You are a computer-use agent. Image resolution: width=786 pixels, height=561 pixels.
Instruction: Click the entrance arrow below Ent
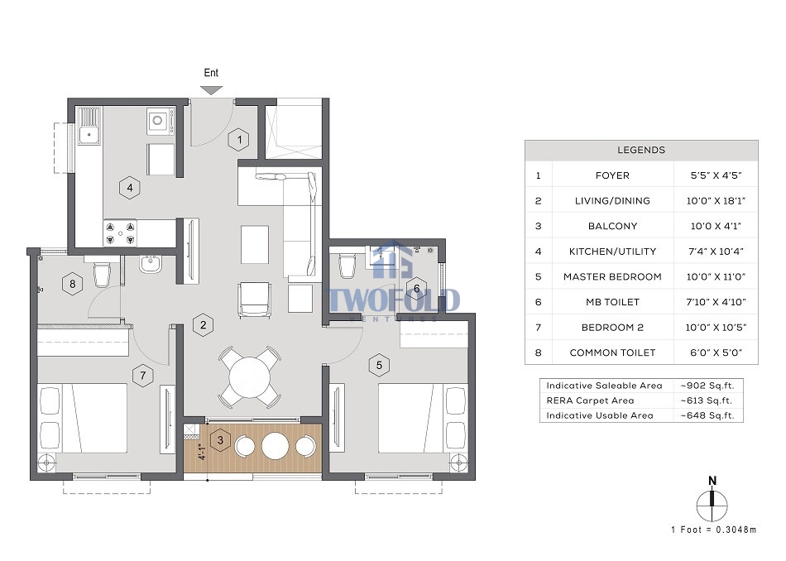[211, 90]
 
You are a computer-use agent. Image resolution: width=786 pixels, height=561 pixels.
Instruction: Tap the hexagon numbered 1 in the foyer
[239, 139]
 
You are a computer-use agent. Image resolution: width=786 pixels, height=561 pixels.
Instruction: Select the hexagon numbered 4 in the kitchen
[130, 188]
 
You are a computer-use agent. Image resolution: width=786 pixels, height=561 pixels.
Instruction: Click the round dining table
[250, 376]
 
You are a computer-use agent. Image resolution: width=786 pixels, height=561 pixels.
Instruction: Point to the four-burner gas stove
[120, 233]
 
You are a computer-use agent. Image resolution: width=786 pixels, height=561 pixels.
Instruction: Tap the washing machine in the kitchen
[161, 121]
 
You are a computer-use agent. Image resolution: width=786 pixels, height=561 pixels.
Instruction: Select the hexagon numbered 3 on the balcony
[220, 441]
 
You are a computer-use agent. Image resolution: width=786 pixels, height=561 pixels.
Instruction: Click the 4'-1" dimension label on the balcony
[202, 452]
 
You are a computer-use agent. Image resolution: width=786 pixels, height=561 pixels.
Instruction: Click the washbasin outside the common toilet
[151, 264]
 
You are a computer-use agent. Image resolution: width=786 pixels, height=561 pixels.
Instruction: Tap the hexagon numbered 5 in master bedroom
[379, 365]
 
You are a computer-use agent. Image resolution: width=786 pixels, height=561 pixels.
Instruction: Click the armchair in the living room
[255, 300]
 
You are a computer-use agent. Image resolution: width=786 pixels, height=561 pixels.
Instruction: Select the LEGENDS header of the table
[641, 150]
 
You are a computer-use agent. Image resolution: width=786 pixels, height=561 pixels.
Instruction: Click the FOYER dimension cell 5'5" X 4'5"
[716, 175]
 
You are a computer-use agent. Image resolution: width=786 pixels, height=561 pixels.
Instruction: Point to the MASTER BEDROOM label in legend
[612, 276]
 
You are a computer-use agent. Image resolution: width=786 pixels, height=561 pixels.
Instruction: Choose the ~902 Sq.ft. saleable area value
[707, 386]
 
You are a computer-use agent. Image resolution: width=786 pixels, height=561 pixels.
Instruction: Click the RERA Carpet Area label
[590, 400]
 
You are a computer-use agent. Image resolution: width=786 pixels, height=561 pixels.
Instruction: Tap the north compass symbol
[712, 502]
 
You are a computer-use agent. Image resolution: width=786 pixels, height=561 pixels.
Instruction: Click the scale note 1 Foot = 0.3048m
[713, 530]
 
